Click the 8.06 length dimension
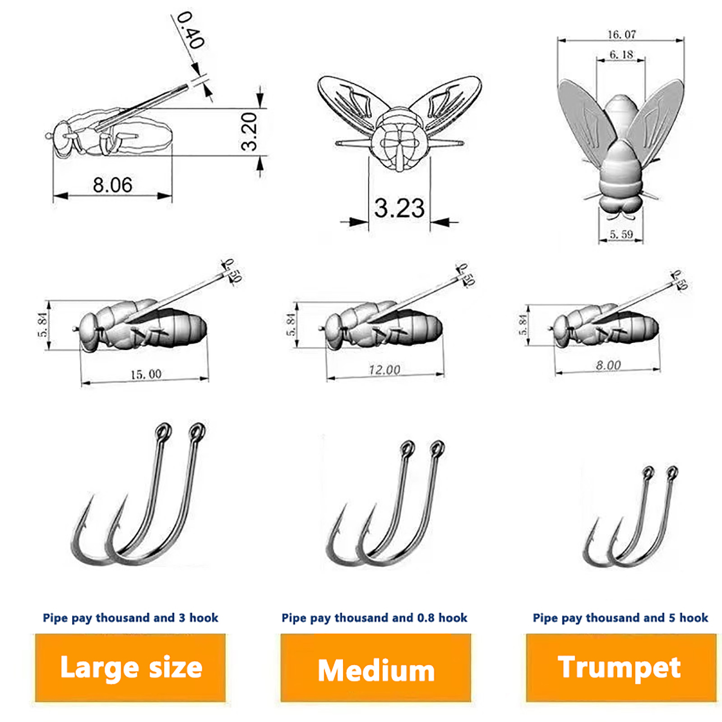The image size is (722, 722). (113, 185)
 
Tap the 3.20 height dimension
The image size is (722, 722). (249, 131)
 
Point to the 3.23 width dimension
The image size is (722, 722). (399, 208)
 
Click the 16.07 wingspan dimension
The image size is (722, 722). (621, 34)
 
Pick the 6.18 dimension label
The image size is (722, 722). (621, 55)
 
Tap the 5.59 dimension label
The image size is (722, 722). (621, 234)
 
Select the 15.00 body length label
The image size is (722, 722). (146, 374)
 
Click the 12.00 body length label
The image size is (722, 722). (384, 370)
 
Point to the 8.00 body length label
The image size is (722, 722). (608, 365)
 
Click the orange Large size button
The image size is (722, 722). (130, 667)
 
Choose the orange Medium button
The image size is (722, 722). (375, 667)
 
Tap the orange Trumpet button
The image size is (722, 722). (621, 667)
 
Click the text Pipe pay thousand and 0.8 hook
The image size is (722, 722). (375, 618)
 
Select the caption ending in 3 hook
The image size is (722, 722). (130, 618)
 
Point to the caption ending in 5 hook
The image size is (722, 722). (620, 618)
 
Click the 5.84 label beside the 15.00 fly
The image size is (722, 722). (42, 325)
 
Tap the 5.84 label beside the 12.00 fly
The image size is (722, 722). (291, 325)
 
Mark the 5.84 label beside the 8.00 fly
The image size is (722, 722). (523, 325)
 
